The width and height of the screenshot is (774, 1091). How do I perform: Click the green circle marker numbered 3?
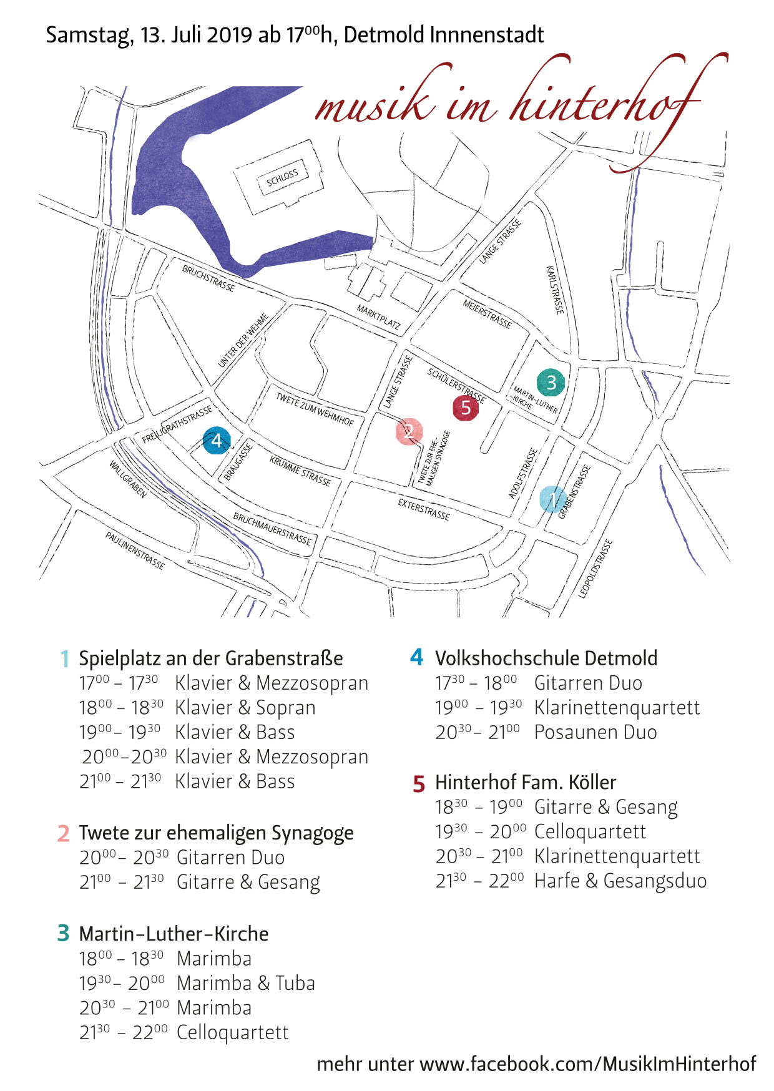click(x=551, y=381)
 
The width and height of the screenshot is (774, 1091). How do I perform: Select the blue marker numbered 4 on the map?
click(x=217, y=441)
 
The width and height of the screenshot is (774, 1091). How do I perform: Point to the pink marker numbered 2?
click(x=409, y=431)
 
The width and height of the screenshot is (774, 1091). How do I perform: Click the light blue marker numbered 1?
click(x=553, y=499)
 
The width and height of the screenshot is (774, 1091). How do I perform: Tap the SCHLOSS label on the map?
click(x=282, y=177)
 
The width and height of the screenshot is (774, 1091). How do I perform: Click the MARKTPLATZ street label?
click(x=378, y=316)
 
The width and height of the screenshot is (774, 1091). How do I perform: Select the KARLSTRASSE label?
click(x=554, y=290)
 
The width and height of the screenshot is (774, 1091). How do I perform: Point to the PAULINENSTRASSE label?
click(x=135, y=550)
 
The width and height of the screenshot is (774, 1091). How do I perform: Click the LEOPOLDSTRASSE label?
click(x=595, y=569)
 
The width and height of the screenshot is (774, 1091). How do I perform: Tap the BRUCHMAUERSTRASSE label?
click(x=272, y=529)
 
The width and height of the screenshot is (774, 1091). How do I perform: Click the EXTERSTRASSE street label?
click(x=424, y=509)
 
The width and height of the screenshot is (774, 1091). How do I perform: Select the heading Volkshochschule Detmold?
click(x=546, y=658)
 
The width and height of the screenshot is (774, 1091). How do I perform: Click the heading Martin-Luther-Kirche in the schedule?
click(x=174, y=934)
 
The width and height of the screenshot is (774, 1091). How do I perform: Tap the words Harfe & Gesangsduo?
click(x=620, y=881)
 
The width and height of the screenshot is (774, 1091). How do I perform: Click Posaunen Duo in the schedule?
click(x=595, y=732)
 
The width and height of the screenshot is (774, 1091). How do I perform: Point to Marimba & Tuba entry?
click(x=246, y=983)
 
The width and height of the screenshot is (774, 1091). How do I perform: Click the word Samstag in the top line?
click(x=87, y=34)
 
